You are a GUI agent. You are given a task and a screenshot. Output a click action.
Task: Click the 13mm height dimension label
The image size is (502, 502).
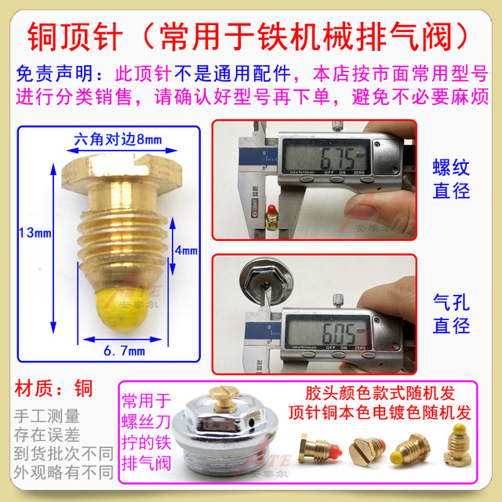click(x=31, y=232)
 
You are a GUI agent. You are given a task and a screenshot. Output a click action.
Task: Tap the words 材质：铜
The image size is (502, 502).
click(x=53, y=387)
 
